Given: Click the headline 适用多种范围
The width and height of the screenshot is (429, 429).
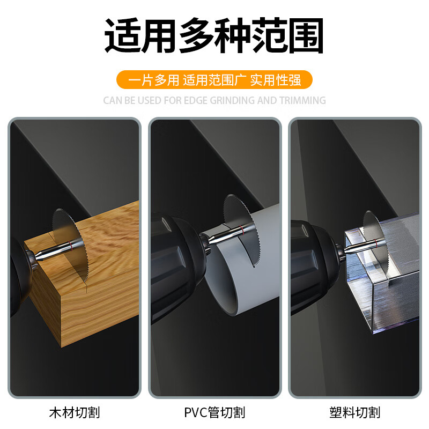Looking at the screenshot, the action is [214, 35].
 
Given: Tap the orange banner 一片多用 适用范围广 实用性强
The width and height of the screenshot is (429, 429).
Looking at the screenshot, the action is [214, 79].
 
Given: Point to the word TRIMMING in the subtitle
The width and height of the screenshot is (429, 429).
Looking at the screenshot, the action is [302, 100].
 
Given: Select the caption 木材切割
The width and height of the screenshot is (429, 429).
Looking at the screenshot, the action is [75, 412].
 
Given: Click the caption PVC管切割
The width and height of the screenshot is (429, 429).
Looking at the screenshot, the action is [214, 412].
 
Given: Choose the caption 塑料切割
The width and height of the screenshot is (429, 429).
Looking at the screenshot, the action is [355, 412].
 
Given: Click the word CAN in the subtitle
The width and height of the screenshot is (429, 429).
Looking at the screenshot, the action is [113, 100].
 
